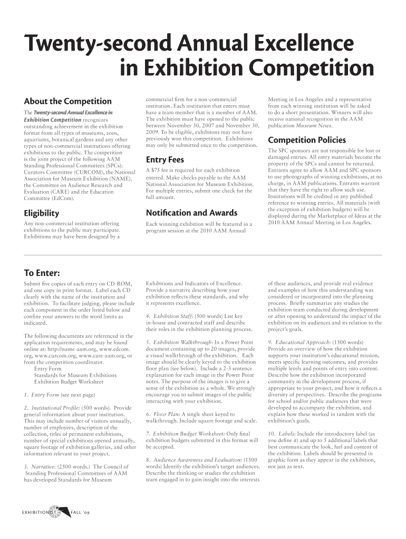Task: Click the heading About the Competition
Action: point(68,101)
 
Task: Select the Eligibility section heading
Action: point(42,213)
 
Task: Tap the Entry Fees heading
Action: point(166,159)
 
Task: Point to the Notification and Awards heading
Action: point(191,213)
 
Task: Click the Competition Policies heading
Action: point(307,140)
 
